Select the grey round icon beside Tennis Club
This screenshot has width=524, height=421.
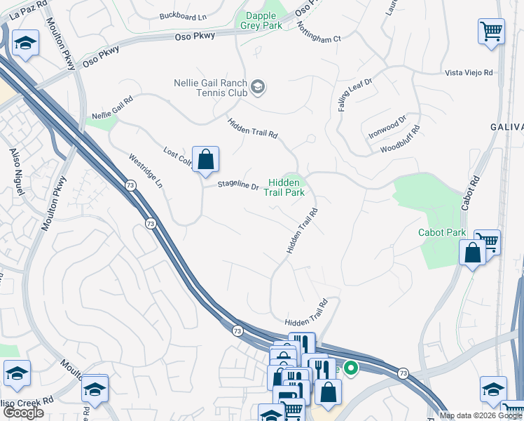tap(258, 87)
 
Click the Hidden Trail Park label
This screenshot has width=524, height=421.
tap(287, 187)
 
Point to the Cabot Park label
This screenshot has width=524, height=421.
tap(441, 232)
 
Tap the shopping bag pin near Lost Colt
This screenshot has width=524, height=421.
tap(205, 160)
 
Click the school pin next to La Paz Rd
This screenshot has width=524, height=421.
tap(26, 45)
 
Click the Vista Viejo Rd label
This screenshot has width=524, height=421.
tap(469, 72)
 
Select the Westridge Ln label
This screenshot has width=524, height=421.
tap(146, 171)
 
